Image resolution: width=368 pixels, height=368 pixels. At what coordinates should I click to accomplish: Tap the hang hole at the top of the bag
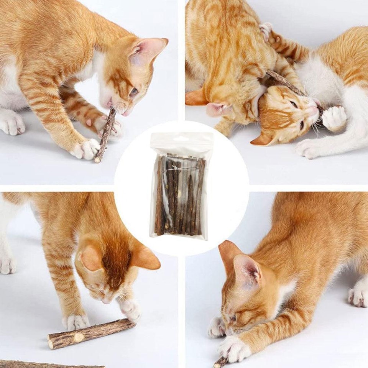(181, 138)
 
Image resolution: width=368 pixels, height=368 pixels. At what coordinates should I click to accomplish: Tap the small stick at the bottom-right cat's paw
(220, 362)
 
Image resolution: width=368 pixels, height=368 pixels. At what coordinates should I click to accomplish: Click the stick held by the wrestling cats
(286, 82)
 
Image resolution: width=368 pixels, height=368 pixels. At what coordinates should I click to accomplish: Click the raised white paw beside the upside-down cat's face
(333, 118)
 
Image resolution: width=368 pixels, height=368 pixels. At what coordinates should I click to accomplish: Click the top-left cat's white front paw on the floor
(86, 149)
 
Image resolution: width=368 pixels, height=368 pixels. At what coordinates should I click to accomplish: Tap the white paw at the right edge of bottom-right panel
(358, 295)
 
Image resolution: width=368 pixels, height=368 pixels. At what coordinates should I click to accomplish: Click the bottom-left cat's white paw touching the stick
(130, 309)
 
